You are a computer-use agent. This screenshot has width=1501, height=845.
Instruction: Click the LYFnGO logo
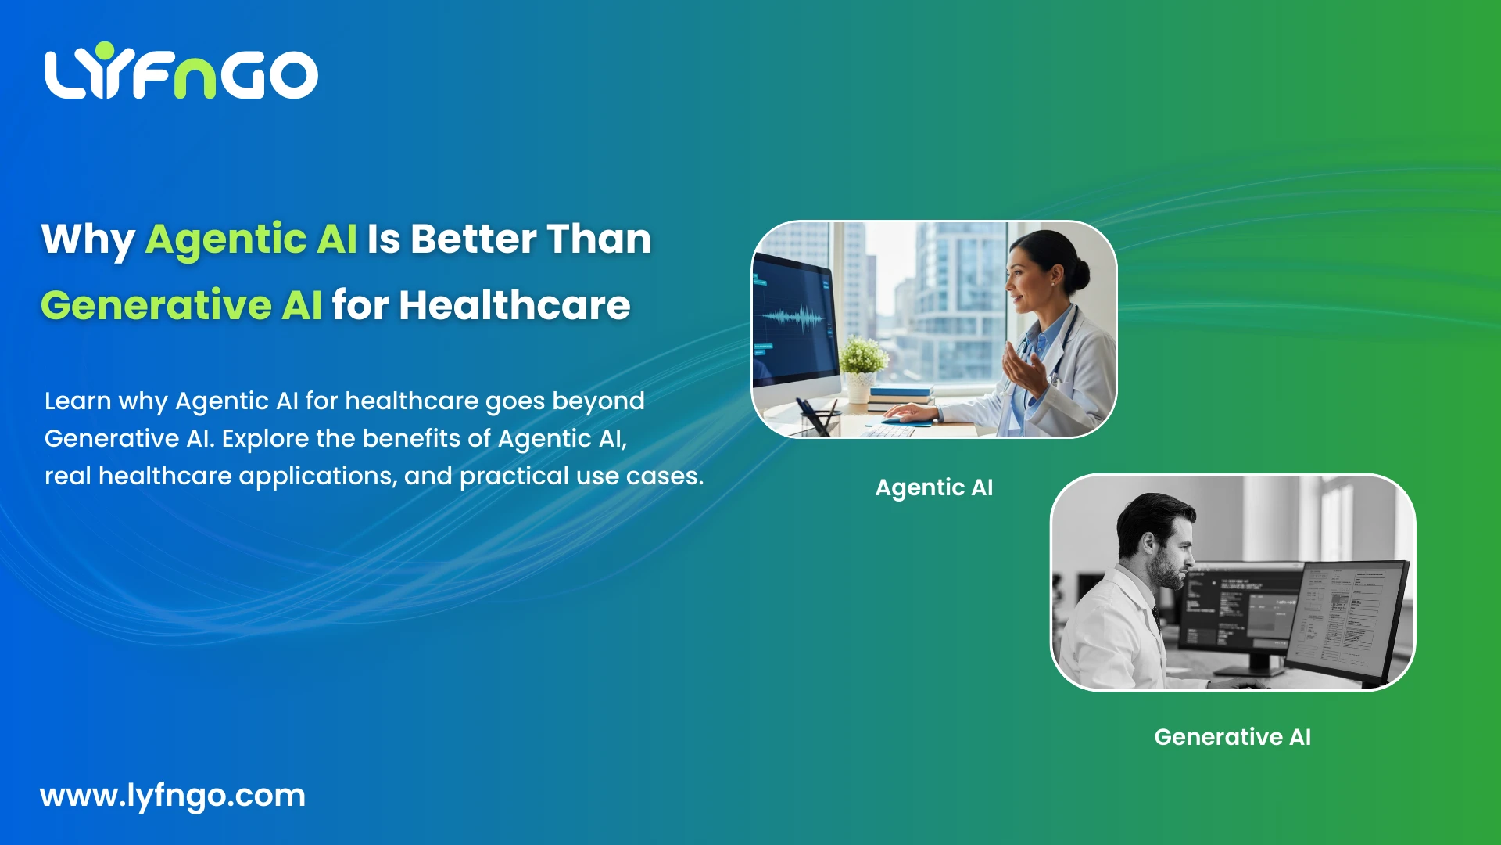coord(181,73)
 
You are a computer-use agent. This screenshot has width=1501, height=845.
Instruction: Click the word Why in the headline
coord(88,239)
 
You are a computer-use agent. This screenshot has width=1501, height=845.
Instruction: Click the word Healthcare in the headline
coord(514,305)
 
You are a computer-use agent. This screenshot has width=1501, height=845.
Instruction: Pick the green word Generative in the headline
coord(156,305)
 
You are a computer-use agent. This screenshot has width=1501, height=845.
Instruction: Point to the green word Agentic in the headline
coord(226,239)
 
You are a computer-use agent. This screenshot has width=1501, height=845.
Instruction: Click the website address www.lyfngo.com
coord(172,796)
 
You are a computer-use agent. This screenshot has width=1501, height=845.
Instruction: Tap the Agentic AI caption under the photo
coord(933,487)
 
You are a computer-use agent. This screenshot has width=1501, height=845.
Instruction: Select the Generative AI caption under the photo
coord(1232,737)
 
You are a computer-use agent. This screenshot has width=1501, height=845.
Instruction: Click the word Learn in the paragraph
coord(77,401)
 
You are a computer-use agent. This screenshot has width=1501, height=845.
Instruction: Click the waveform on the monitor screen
coord(791,318)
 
